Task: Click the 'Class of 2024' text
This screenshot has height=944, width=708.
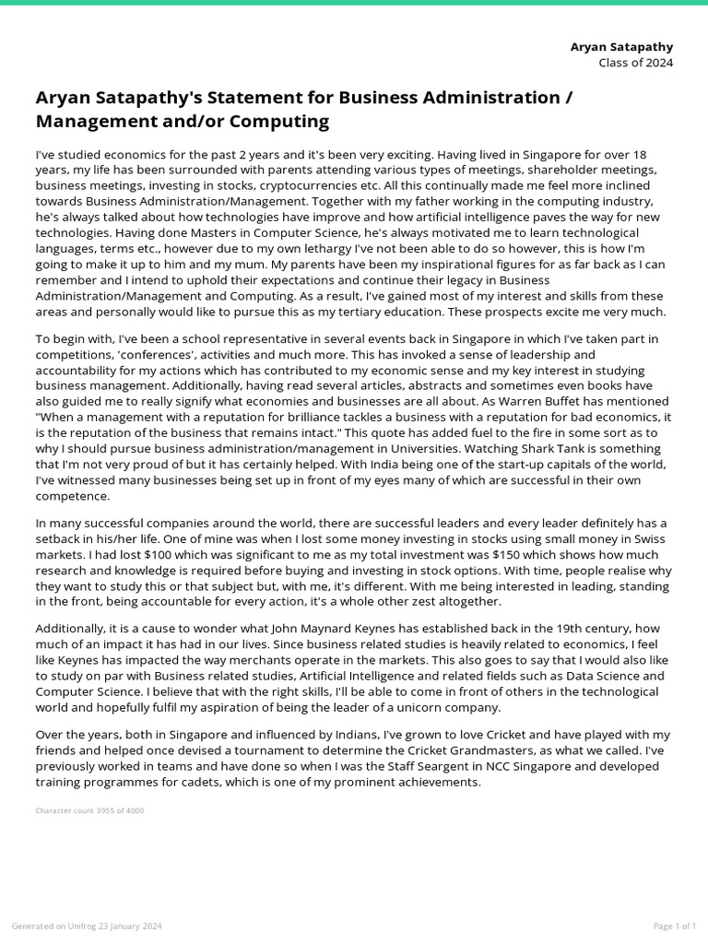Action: click(635, 63)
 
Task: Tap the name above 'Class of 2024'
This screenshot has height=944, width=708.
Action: click(622, 46)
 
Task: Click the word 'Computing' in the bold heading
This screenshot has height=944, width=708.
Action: click(274, 122)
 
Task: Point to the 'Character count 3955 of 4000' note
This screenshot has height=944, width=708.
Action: click(89, 811)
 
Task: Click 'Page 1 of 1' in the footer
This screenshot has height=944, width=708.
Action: click(674, 926)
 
